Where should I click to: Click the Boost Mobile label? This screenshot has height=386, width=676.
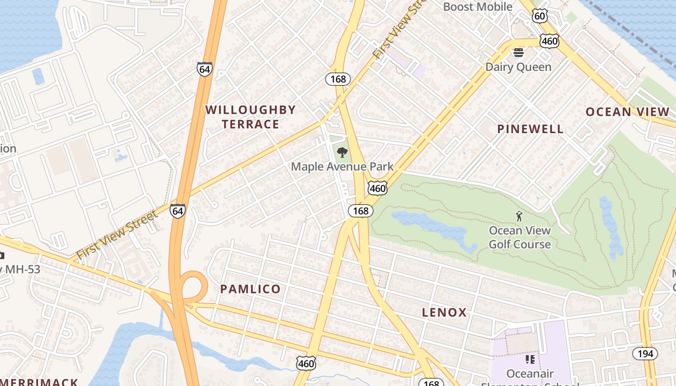[477, 7]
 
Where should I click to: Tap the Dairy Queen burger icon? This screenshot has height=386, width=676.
[519, 52]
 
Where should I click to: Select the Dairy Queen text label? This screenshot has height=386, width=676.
[518, 67]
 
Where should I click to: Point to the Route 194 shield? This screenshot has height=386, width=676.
[645, 354]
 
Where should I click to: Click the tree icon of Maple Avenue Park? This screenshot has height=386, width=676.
[342, 153]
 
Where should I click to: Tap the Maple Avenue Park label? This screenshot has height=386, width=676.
[342, 167]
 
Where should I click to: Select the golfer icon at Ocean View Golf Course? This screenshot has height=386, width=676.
[519, 216]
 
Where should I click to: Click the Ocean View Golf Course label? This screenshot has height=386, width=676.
[520, 237]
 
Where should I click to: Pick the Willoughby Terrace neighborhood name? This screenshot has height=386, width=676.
[250, 117]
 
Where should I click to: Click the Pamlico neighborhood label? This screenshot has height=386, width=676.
[250, 289]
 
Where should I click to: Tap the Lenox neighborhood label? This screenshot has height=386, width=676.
[444, 313]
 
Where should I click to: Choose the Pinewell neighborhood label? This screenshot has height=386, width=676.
[530, 129]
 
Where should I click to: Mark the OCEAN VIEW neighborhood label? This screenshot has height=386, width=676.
[628, 112]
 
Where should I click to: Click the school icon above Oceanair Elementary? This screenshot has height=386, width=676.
[530, 359]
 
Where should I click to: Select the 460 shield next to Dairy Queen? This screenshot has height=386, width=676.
[550, 41]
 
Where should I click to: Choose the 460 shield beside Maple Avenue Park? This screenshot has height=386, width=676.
[377, 188]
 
